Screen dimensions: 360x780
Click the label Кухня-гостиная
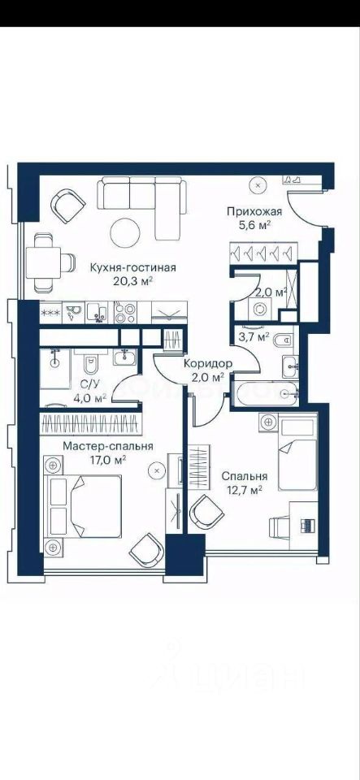132,268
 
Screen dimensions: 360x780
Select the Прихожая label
254,212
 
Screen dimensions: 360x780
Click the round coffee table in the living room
125,232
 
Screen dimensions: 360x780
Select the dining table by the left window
43,262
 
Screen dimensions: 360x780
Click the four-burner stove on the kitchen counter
125,312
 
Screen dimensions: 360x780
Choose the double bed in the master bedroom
83,506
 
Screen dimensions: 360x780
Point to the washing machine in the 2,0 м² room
258,309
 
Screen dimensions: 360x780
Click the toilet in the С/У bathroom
91,365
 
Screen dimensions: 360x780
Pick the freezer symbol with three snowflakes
50,313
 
